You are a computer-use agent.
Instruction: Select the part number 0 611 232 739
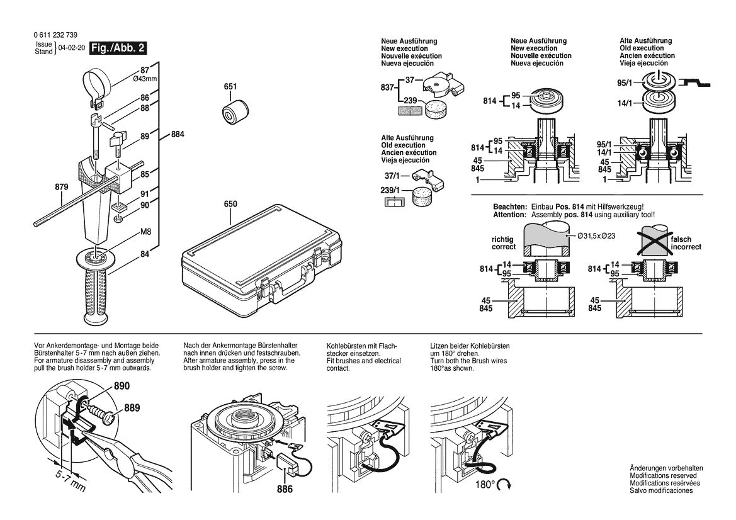click(x=54, y=35)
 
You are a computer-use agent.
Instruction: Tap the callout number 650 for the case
click(x=230, y=204)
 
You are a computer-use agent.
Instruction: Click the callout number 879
click(x=62, y=187)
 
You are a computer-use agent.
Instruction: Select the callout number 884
click(x=178, y=135)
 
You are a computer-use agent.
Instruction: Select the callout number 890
click(x=122, y=386)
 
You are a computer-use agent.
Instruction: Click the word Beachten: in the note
click(x=509, y=207)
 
